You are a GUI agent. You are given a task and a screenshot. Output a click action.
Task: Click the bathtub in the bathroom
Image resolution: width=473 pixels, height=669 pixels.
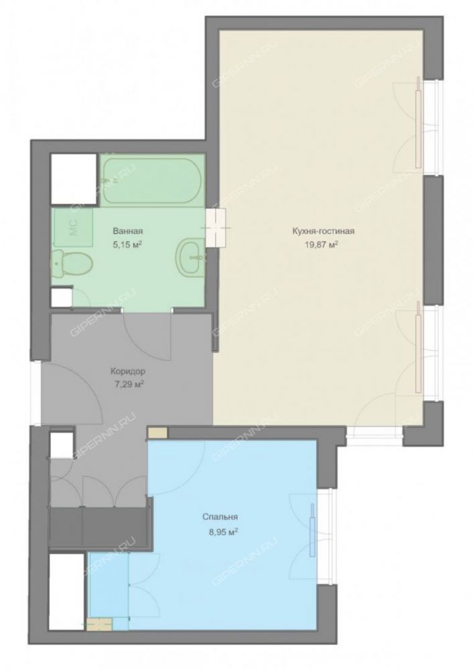click(x=153, y=181)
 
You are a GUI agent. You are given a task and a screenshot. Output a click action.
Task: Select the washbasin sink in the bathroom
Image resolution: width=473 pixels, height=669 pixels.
click(x=190, y=256)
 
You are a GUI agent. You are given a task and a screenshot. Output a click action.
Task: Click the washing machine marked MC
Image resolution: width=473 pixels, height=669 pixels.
click(x=72, y=227)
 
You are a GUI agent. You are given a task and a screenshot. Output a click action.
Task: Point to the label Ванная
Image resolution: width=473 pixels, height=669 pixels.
click(x=128, y=231)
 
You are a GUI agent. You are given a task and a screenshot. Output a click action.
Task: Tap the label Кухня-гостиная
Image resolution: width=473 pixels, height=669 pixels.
click(x=323, y=231)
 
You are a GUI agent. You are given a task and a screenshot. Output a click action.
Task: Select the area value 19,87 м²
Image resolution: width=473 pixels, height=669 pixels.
click(x=323, y=245)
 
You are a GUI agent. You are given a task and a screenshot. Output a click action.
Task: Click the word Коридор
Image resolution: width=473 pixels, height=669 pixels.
click(x=127, y=371)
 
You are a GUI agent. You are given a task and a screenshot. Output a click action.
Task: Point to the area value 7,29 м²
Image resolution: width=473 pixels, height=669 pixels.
click(x=127, y=385)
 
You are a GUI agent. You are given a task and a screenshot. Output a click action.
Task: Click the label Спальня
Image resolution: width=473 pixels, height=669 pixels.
click(x=220, y=517)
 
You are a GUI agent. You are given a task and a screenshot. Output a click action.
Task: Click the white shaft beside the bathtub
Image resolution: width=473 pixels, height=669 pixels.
click(x=74, y=179)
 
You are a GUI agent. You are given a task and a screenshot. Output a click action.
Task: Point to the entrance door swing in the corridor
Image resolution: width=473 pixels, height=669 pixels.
click(x=72, y=393)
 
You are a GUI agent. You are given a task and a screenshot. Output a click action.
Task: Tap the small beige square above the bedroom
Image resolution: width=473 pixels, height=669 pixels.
click(x=157, y=432)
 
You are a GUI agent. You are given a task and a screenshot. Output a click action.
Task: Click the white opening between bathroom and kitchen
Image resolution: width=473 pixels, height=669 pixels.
click(x=216, y=228)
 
